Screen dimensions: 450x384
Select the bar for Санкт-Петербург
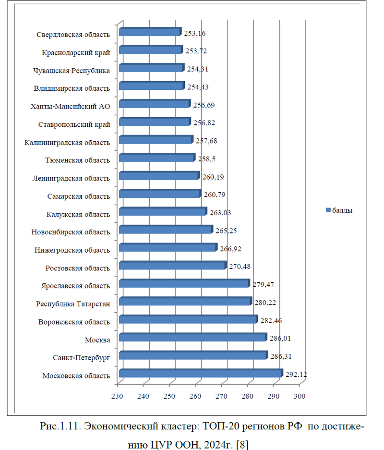tap(192, 356)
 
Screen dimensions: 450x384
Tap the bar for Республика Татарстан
tap(184, 302)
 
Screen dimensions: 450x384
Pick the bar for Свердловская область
tap(149, 32)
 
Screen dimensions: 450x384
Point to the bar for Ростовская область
tap(171, 266)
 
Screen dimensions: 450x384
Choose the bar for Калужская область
tap(162, 212)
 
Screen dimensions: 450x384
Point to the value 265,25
tap(227, 231)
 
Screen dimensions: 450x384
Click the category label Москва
tap(97, 340)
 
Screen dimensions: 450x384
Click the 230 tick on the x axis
tap(117, 396)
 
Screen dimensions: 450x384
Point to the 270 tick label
tap(222, 396)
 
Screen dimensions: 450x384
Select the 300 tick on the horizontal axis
tap(300, 396)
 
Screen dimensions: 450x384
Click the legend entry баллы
tap(343, 210)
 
